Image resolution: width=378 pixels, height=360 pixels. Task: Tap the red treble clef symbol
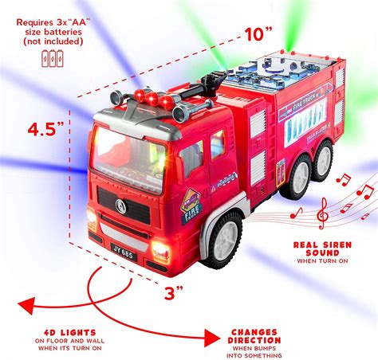pos(321,213)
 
